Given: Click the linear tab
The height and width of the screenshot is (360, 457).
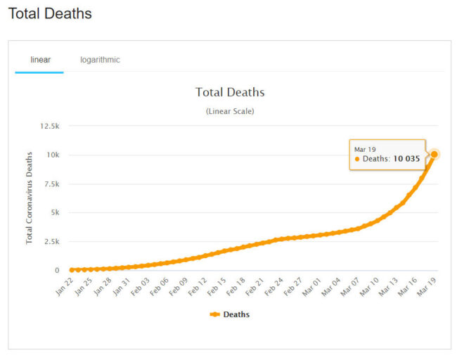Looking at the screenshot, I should (x=40, y=60).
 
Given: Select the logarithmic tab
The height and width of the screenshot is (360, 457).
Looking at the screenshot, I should (x=100, y=60).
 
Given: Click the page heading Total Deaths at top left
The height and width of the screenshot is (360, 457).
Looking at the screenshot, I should (x=50, y=13).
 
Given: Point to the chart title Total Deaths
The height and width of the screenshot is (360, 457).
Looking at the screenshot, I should (x=230, y=92).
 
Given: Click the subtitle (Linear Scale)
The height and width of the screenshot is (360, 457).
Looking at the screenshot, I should (x=230, y=111).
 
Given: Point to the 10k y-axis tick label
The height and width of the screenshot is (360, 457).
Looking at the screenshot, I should (x=53, y=155).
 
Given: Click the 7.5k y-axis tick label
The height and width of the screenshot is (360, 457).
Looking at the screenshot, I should (x=51, y=184).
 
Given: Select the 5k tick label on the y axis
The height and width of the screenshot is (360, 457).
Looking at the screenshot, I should (x=54, y=212).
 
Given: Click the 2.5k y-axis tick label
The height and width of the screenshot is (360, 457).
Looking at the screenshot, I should (x=51, y=241).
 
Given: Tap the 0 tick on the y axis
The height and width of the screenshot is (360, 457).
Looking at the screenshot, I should (x=58, y=270).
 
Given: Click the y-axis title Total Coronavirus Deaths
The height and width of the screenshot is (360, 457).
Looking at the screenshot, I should (x=30, y=199).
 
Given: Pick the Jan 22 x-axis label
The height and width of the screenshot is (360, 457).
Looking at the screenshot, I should (x=65, y=287).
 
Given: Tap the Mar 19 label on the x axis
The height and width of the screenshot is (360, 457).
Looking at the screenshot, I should (x=427, y=287).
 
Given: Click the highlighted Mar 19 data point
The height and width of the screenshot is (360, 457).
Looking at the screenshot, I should (x=435, y=154).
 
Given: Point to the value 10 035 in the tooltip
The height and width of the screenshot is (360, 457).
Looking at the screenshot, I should (x=406, y=159).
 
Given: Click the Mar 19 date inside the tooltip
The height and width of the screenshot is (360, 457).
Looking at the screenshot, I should (x=365, y=149).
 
